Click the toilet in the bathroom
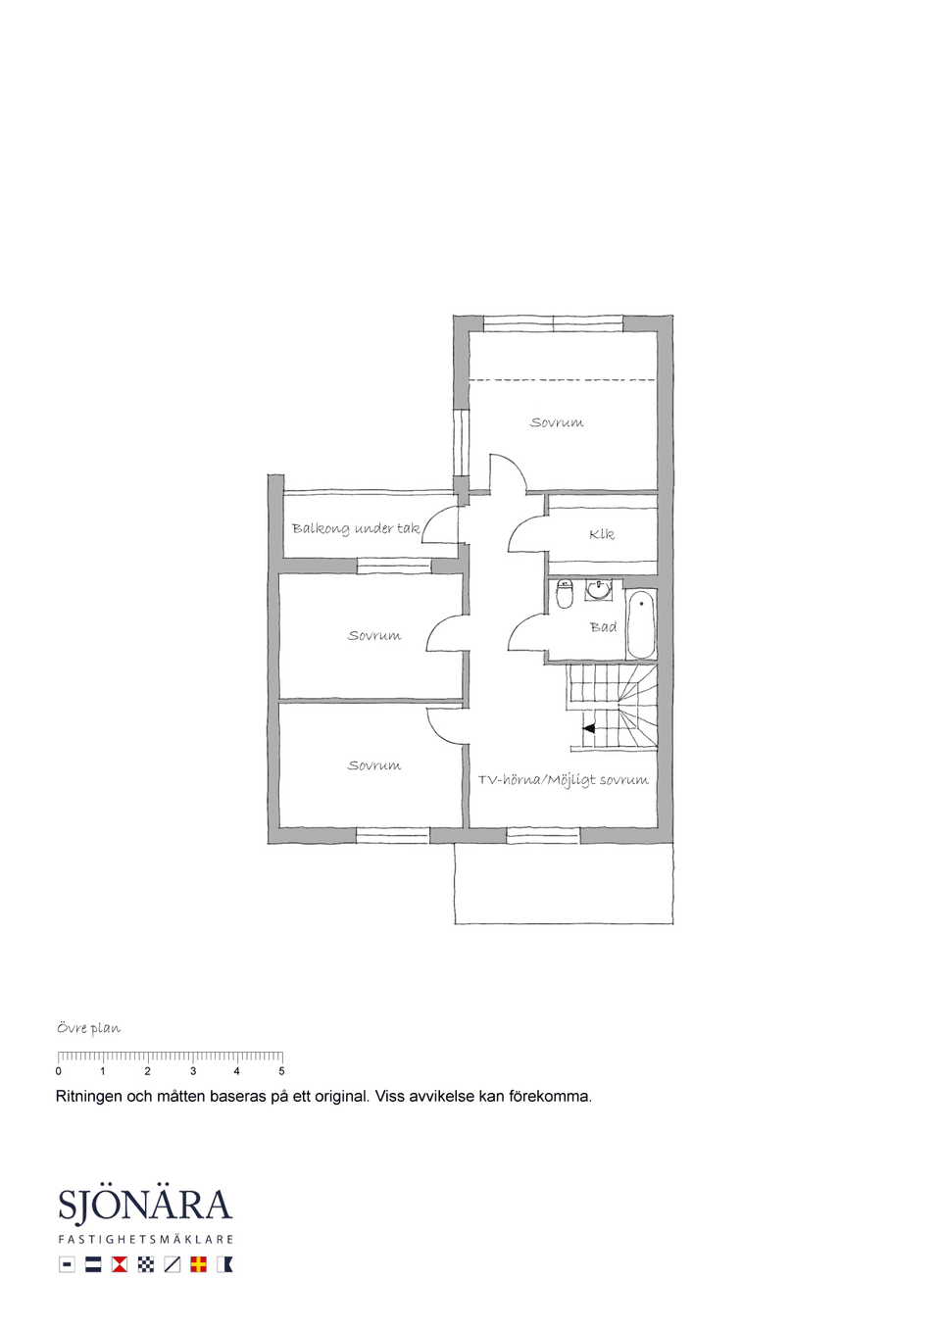565,594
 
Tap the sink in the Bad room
598,590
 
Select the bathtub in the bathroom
642,624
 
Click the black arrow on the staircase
588,728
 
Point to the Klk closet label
602,534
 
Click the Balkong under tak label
356,528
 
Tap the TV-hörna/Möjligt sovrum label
564,779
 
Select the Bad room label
603,627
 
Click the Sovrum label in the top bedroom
557,422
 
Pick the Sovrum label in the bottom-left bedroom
374,765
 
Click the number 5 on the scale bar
281,1071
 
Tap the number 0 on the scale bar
58,1071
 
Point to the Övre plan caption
88,1028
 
